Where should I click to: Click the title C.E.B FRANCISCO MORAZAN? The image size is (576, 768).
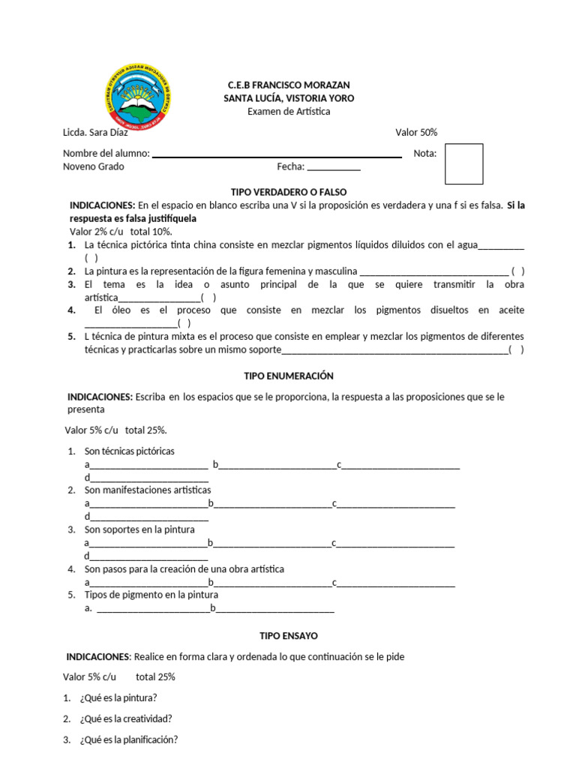[289, 85]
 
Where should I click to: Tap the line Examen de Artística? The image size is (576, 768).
[289, 112]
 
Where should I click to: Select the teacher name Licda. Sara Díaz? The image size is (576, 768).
[95, 133]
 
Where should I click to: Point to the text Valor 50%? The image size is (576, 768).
[416, 133]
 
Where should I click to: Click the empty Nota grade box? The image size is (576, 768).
[463, 163]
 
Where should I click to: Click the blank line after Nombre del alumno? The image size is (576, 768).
[277, 154]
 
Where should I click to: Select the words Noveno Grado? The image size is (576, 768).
[94, 166]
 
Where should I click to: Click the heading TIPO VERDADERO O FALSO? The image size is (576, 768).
[289, 192]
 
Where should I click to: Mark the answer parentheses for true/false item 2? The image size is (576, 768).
[517, 271]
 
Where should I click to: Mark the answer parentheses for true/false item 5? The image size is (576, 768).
[516, 349]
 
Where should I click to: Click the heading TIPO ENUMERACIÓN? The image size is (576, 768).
[289, 376]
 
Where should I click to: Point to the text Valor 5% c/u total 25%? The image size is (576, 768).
[115, 430]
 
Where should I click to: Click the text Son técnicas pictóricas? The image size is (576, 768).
[129, 451]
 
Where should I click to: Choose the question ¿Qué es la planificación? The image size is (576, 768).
[128, 739]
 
